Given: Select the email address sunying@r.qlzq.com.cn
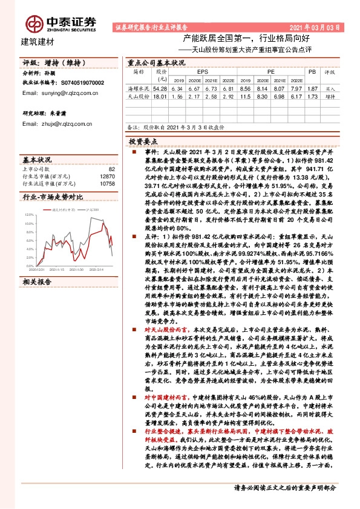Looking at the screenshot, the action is tap(51, 93).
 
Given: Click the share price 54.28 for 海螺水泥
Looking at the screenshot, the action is tap(160, 88).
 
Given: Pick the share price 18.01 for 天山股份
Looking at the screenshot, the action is tap(160, 97).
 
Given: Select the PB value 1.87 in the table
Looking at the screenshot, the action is tap(312, 88).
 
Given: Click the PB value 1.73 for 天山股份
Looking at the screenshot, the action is tap(312, 97).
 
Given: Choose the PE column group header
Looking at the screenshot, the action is tap(269, 71).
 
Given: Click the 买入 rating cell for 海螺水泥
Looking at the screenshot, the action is tap(330, 88).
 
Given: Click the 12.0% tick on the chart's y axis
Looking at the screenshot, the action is tap(29, 215).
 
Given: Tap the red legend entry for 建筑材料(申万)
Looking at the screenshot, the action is tap(61, 209).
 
